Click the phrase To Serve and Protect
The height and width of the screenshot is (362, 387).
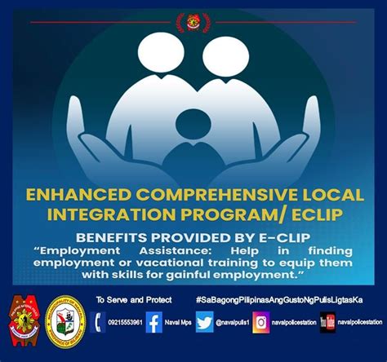[x=134, y=299]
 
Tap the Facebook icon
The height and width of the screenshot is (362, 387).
[x=154, y=322]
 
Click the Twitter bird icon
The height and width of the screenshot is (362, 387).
[x=204, y=322]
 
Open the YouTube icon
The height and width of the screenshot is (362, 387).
[x=327, y=322]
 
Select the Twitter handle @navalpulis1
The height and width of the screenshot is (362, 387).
[x=233, y=323]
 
